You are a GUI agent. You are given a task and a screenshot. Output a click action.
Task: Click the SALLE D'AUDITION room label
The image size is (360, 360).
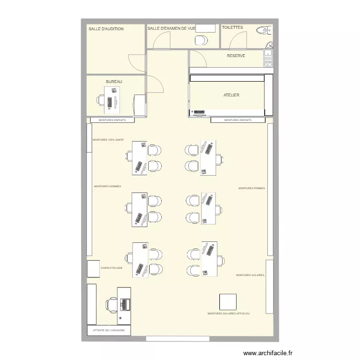pyautogui.click(x=106, y=29)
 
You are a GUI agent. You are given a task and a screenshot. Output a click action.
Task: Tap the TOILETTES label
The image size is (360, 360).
pyautogui.click(x=233, y=28)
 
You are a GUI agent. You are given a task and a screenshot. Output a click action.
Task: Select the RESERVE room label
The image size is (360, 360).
pyautogui.click(x=236, y=56)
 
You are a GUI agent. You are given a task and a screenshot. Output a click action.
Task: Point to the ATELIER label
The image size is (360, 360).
pyautogui.click(x=231, y=96)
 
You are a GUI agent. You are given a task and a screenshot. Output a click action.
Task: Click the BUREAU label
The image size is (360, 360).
pyautogui.click(x=114, y=82)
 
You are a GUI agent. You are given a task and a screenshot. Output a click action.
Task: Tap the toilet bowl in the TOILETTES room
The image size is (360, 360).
pyautogui.click(x=262, y=31)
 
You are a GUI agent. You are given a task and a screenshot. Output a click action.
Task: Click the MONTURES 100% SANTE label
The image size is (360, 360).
pyautogui.click(x=108, y=140)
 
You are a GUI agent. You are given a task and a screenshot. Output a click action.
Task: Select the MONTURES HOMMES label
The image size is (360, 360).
pyautogui.click(x=108, y=186)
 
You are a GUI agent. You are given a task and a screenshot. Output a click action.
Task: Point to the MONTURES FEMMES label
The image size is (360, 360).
pyautogui.click(x=252, y=188)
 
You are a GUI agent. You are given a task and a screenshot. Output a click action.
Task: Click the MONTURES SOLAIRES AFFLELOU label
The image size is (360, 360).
pyautogui.click(x=228, y=313)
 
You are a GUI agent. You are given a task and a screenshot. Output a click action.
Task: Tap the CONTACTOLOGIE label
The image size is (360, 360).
pyautogui.click(x=112, y=268)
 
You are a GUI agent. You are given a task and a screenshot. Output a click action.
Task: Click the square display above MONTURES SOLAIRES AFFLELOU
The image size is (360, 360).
pyautogui.click(x=228, y=302)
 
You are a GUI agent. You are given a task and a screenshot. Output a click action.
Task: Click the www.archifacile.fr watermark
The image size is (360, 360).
pyautogui.click(x=268, y=353)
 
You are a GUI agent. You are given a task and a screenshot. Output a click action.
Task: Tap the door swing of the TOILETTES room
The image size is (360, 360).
pyautogui.click(x=237, y=42)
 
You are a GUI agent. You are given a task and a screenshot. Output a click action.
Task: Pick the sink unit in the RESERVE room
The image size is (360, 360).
pyautogui.click(x=268, y=59)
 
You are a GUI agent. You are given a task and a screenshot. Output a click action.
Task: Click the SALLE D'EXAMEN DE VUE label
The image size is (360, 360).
pyautogui.click(x=171, y=29)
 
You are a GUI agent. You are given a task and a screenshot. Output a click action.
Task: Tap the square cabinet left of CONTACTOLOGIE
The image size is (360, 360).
pyautogui.click(x=94, y=269)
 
